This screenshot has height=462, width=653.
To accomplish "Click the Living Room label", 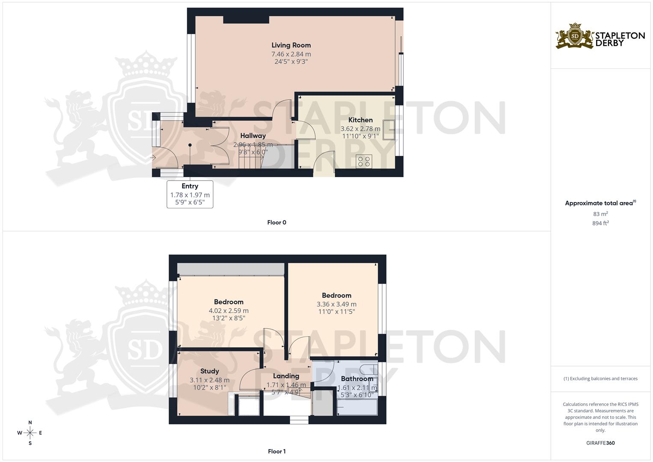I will point(291,45).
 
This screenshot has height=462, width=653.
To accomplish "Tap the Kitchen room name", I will point(360,120).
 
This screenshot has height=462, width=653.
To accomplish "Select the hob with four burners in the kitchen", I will point(364,161).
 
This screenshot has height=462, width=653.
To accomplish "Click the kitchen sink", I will point(389,130).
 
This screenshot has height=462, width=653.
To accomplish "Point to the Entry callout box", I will point(190,194).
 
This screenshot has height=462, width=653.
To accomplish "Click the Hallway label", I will point(253,136).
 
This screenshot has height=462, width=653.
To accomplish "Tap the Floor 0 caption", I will point(277,222).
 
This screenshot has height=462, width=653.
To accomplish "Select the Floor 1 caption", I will point(277,451).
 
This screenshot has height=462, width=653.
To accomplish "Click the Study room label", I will point(210,371).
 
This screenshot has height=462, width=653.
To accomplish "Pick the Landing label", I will point(286,376).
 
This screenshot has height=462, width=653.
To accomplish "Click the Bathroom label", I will point(357,379).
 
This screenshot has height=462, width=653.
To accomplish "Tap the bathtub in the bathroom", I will point(357,407).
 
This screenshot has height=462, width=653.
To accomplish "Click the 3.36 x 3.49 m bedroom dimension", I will point(336,304).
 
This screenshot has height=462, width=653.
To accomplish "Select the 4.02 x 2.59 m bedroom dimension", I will point(228,311).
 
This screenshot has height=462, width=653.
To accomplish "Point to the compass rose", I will point(30,433).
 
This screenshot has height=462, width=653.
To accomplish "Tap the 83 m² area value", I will point(600,214).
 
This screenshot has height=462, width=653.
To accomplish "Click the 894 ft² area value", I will point(600,223).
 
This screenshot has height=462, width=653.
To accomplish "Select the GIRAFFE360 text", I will point(600,443).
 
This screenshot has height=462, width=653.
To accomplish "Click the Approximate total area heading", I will point(600,203).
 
